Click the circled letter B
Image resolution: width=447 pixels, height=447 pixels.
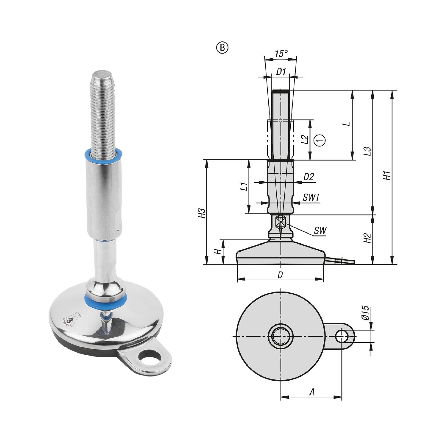222,48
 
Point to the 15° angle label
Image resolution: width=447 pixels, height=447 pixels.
281,54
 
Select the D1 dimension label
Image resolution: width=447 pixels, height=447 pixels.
281,71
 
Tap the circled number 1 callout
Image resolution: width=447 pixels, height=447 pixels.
320,140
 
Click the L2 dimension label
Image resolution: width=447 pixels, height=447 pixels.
304,139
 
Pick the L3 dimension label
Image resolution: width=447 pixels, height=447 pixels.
368,151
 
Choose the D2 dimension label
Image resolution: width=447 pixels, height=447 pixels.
309,177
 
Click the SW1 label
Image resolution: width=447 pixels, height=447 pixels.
311,197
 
